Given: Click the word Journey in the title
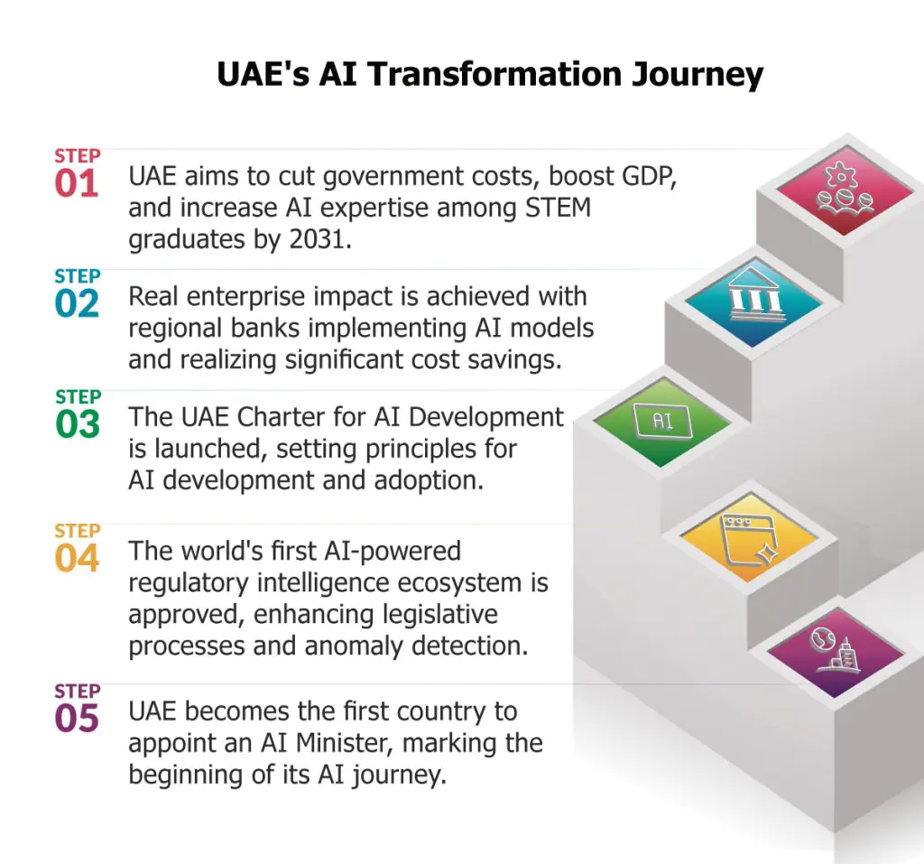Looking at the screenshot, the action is coord(698,76).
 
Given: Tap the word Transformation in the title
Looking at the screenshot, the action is coord(494,74).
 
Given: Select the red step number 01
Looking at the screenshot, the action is coord(76,183).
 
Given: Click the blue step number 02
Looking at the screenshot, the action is coord(77,303).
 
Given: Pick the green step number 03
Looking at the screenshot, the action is coord(78,424).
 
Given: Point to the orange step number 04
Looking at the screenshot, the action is coord(77,558).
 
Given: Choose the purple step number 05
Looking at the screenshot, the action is coord(77,719).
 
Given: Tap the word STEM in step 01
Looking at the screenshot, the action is coord(558,208).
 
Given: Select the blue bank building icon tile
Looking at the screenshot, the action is coord(753,302).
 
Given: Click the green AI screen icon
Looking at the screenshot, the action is coord(663,421).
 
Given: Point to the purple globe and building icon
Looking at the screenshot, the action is coord(836,652).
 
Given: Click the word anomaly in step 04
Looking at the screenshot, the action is coord(354,646).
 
